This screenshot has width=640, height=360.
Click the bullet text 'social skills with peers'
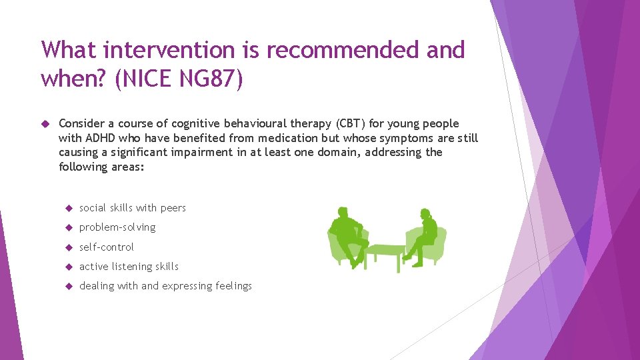(133, 208)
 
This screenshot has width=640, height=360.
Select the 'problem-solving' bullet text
(117, 227)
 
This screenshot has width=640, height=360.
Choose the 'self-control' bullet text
(107, 247)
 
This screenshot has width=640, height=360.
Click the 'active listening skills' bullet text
(129, 266)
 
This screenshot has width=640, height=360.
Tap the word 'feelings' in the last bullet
(234, 286)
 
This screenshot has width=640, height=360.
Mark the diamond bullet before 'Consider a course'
(45, 123)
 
